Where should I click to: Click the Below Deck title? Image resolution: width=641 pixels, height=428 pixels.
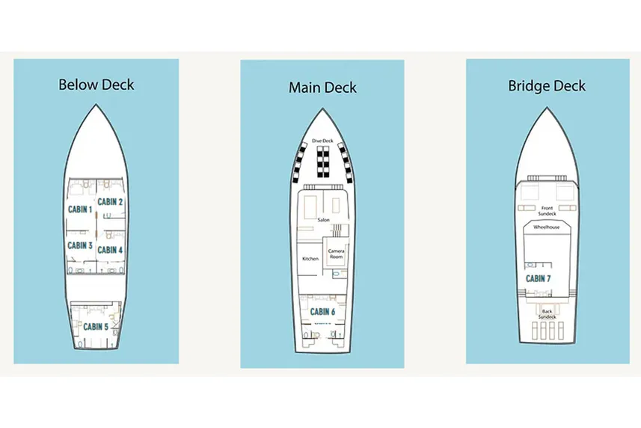pos(96,84)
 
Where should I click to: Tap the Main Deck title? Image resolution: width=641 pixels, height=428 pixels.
pos(322,88)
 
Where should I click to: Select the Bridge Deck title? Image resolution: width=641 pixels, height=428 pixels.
pos(547,85)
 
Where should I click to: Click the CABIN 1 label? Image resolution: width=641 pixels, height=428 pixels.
pos(80,210)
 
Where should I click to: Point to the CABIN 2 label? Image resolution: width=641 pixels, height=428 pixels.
pos(111,201)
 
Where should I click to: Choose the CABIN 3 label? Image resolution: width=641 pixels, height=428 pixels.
pos(80,245)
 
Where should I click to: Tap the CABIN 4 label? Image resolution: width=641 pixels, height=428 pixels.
pos(110,250)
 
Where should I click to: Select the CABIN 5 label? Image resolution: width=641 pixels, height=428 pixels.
pos(96,326)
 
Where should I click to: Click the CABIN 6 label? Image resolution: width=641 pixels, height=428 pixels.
pos(322,312)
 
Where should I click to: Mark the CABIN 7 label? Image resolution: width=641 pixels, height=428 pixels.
pos(539,278)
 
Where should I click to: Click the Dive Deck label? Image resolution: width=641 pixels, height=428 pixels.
pos(322,141)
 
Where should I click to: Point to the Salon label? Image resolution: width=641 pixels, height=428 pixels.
pos(323,220)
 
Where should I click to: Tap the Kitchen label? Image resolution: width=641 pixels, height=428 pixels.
pos(310,259)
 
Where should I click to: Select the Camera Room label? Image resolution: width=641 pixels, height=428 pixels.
pos(337,254)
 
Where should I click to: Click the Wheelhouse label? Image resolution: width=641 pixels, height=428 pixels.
pos(547,227)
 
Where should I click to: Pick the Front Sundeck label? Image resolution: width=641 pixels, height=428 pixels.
pos(547,210)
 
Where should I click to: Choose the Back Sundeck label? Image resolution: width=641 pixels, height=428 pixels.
pos(548,314)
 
